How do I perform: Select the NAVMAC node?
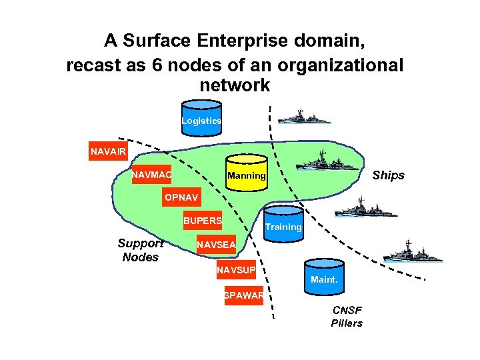click(151, 175)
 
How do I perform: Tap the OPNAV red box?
click(181, 198)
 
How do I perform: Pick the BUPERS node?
click(203, 221)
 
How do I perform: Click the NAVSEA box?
click(215, 245)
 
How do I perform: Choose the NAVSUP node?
click(235, 271)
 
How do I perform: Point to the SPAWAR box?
click(244, 295)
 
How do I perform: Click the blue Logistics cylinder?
click(201, 118)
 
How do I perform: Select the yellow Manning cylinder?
click(246, 173)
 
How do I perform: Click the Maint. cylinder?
click(324, 275)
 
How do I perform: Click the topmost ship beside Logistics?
click(303, 117)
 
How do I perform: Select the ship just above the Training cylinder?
click(359, 209)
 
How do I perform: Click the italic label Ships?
click(388, 175)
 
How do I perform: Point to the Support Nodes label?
click(140, 251)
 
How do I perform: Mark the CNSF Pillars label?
click(347, 317)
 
